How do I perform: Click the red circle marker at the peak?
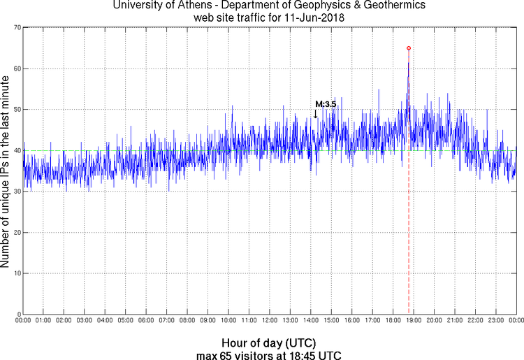click(x=409, y=48)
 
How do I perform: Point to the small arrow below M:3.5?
click(x=316, y=113)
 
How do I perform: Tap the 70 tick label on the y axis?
click(x=15, y=28)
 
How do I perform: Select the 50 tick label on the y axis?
click(x=15, y=110)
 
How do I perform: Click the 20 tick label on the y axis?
click(x=15, y=232)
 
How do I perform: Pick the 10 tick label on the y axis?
click(x=15, y=273)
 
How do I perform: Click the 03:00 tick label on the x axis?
click(x=85, y=321)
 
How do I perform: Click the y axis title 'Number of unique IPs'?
click(x=6, y=171)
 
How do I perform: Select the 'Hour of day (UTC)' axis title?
click(x=268, y=343)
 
